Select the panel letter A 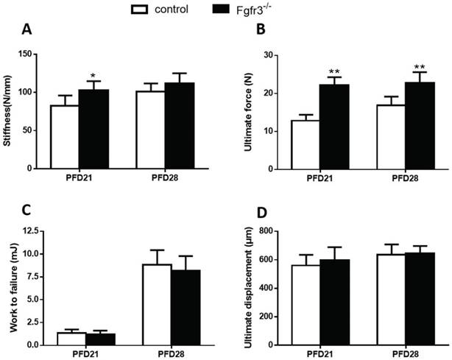(27, 30)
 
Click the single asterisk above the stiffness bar (93, 76)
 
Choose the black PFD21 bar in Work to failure (101, 339)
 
